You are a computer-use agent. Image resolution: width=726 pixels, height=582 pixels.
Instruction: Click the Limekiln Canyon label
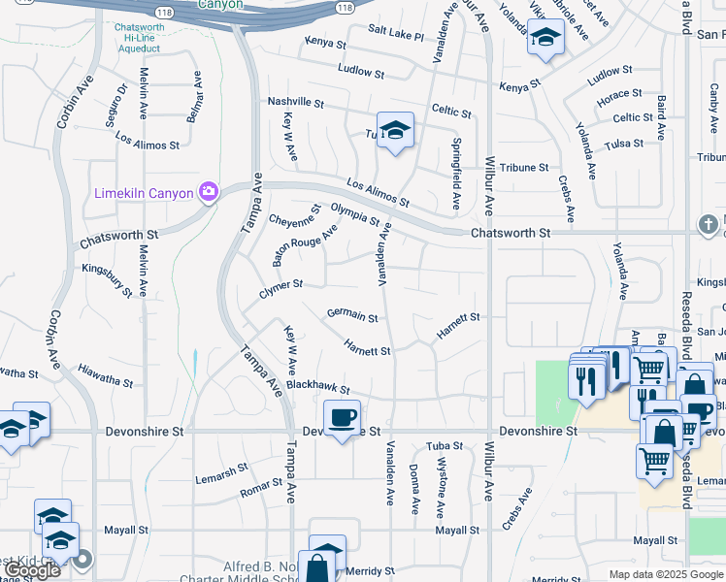pos(144,193)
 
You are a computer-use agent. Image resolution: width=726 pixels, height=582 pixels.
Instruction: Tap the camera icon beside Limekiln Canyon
pos(207,191)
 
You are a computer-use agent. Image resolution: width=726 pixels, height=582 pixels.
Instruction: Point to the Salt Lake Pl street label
pos(396,34)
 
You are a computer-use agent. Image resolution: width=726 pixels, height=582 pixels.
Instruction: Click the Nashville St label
pos(295,102)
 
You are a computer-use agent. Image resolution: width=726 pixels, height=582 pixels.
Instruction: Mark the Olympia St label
pos(354,214)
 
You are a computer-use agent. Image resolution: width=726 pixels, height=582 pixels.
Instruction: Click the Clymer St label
pos(281,286)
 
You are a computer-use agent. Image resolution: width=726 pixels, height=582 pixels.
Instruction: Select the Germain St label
pos(351,314)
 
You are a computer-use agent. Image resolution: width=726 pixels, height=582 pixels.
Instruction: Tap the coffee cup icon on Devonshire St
pos(341,418)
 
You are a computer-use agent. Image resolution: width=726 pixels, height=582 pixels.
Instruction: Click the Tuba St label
pos(445,446)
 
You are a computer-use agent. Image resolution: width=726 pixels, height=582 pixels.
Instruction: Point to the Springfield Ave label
pos(456,174)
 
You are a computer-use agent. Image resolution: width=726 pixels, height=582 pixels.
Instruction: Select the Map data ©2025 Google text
pos(665,574)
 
